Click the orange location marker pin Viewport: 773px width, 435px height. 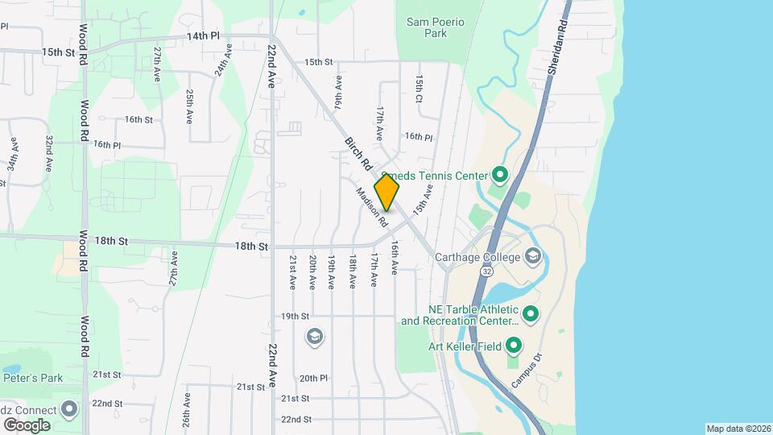[x=386, y=193]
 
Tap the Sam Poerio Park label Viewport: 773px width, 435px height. [x=436, y=27]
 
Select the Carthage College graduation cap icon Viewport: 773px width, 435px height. [x=531, y=257]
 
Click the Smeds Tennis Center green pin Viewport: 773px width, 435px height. [x=499, y=175]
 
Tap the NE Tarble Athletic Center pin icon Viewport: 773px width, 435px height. [x=530, y=313]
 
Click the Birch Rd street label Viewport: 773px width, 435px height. [x=358, y=153]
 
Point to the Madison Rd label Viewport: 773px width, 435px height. [x=372, y=207]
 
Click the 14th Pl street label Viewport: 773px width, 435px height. [x=203, y=36]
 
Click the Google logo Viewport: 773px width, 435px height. [x=26, y=425]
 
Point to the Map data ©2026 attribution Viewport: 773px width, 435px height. [x=738, y=429]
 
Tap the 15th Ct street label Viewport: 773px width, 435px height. [x=420, y=89]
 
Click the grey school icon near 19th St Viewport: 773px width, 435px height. [x=315, y=336]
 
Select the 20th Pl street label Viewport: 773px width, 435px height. [x=312, y=378]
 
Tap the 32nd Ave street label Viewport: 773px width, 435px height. [x=49, y=154]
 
